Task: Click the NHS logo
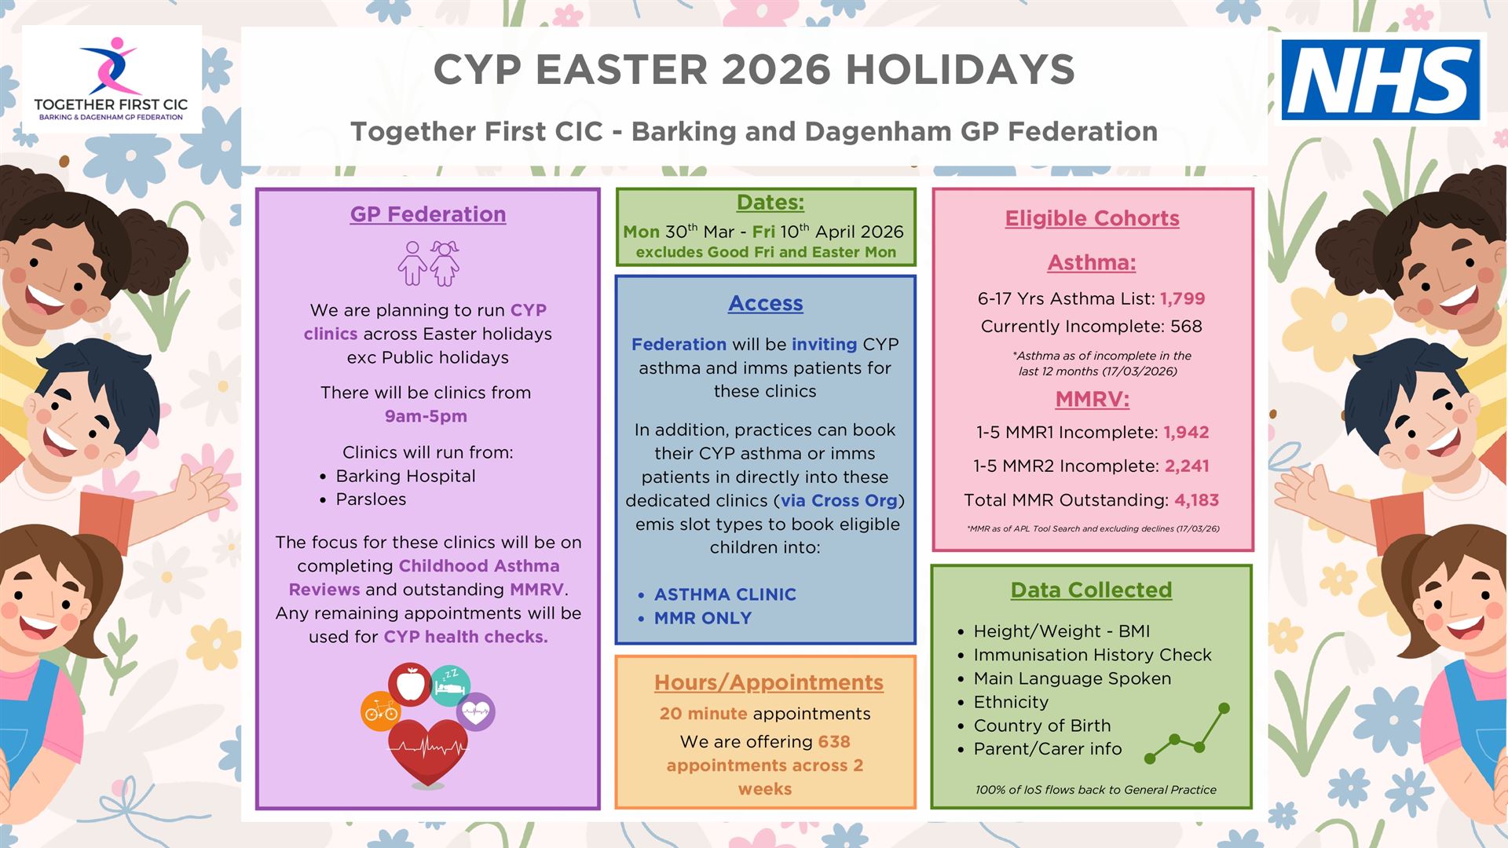1381,79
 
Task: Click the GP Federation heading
428,214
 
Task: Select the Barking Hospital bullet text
405,476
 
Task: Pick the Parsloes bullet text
371,499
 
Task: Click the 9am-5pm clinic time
426,416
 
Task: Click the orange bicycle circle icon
381,711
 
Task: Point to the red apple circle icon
410,684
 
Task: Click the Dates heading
770,203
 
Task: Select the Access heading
766,303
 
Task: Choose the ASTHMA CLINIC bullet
725,594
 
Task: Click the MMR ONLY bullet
703,618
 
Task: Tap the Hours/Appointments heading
769,682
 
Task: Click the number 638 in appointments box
834,741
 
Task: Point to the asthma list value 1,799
1183,298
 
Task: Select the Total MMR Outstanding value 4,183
1197,500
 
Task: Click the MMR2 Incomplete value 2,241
1187,466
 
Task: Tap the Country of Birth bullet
1042,726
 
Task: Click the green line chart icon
1188,733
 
